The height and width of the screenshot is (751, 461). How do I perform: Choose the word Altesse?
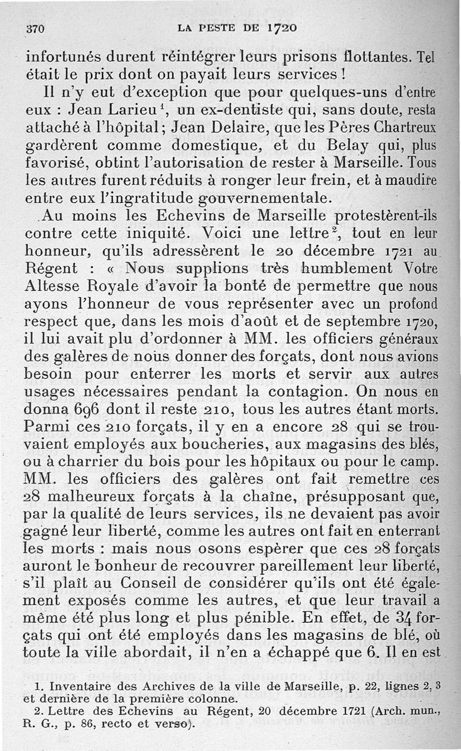coord(52,287)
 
